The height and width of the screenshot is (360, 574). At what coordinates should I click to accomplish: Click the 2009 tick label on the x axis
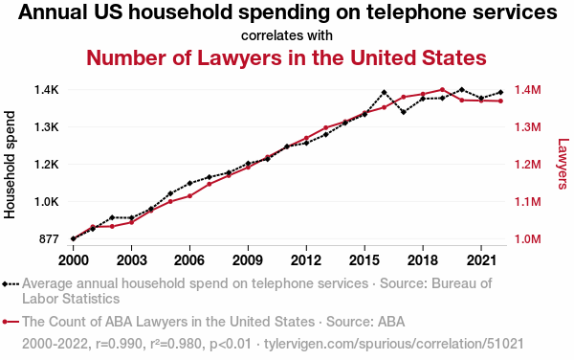point(248,260)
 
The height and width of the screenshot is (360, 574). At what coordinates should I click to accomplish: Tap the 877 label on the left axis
point(49,239)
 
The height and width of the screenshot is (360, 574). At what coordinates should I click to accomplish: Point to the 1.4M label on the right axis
point(527,90)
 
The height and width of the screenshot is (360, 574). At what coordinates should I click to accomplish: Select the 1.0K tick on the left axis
point(47,202)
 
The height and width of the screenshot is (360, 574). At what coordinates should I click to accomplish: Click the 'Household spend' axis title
point(10,165)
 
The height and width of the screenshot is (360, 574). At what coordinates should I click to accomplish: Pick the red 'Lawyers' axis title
point(563,164)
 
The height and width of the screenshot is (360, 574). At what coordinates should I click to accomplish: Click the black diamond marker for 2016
point(384,92)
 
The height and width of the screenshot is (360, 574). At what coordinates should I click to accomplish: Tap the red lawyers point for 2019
point(442,89)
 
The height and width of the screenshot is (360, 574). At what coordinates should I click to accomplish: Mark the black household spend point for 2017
point(404,112)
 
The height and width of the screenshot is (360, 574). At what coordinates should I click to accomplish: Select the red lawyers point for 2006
point(189,196)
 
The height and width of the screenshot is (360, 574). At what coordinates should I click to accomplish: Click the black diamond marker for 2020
point(462,90)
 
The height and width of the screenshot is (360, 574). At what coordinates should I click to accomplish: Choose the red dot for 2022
point(500,101)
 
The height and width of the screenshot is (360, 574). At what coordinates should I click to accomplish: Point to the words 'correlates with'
point(287,35)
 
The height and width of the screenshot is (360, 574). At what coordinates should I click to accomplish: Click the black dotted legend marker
point(11,283)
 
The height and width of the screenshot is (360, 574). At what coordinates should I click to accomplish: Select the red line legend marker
point(11,322)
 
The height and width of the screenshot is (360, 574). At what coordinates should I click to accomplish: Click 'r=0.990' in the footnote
point(119,344)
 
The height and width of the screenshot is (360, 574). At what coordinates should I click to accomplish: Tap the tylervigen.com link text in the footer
point(394,344)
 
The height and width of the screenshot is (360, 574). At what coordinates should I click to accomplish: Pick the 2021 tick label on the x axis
point(481,260)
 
